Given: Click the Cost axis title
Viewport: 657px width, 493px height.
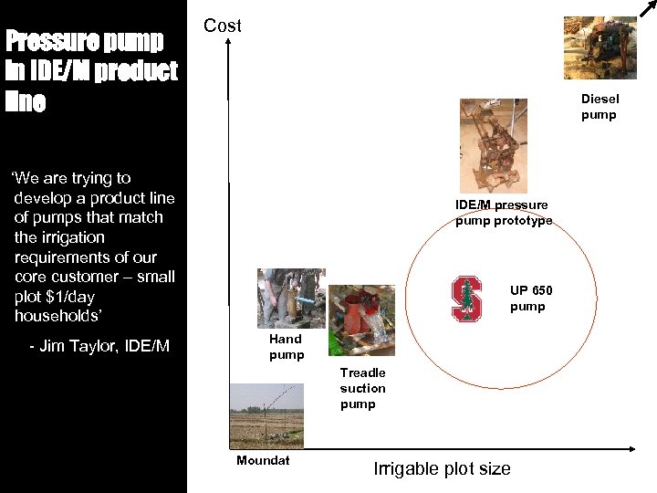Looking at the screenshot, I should click(x=222, y=26).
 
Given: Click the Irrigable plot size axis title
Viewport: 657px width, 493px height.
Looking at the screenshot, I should click(x=442, y=469).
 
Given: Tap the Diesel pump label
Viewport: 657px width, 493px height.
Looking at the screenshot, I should click(x=599, y=107).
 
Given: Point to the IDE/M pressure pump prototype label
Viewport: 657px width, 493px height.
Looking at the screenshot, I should click(x=503, y=213).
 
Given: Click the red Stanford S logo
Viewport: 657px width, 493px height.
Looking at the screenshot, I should click(x=466, y=298).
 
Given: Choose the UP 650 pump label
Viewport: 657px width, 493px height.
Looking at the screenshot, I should click(x=530, y=299).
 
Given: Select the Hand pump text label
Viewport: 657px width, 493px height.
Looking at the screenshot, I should click(x=287, y=347).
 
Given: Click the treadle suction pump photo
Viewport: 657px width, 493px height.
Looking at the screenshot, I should click(x=361, y=321).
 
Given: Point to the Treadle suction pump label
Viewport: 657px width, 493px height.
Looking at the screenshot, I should click(x=362, y=388).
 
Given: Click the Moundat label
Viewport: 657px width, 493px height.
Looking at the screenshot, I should click(x=263, y=460).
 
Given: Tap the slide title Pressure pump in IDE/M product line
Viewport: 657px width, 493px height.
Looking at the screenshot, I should click(x=91, y=71).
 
